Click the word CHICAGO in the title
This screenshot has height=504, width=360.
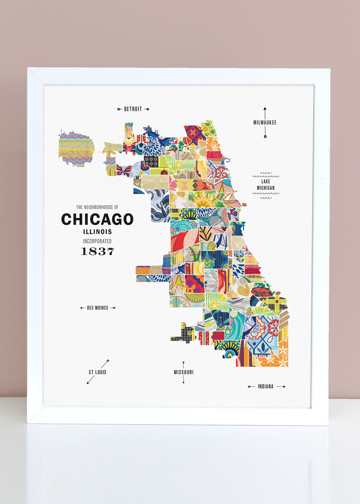[97, 219]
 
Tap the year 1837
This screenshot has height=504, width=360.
[97, 252]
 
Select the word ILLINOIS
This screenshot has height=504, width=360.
[97, 231]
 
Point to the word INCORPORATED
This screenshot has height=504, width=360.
[97, 241]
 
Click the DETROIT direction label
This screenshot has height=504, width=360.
[133, 109]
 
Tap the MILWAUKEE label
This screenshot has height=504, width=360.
[265, 122]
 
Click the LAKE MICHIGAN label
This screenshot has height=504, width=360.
[265, 185]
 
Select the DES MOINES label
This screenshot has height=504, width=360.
[97, 308]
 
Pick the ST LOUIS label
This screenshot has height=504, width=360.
[97, 372]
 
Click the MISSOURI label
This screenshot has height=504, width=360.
[183, 372]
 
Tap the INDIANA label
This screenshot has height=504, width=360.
[265, 386]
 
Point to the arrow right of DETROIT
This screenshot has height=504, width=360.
[146, 109]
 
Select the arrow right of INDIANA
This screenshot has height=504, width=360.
[281, 386]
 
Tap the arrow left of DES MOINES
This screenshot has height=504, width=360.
[82, 308]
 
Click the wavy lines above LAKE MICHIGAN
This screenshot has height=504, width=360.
[265, 175]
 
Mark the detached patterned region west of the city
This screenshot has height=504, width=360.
[76, 148]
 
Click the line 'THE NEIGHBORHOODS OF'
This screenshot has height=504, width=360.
[97, 207]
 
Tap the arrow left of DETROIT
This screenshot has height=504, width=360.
[120, 109]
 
